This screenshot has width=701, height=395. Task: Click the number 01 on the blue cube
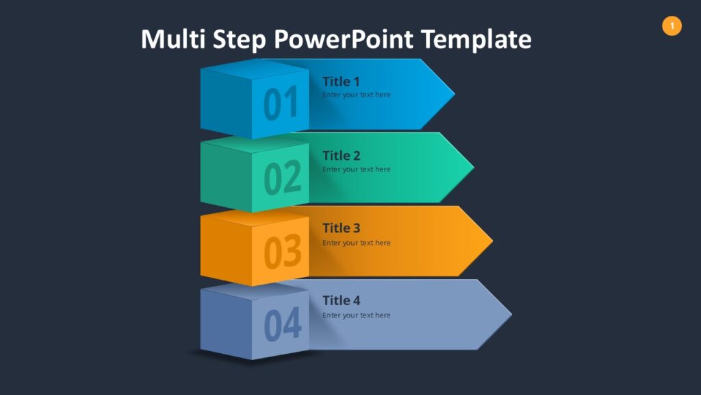click(x=281, y=104)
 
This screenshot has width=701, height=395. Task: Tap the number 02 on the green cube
click(x=282, y=178)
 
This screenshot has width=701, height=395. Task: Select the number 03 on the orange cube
click(x=282, y=251)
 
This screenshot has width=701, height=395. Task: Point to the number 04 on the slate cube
click(x=282, y=324)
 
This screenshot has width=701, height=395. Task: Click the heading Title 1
click(x=341, y=82)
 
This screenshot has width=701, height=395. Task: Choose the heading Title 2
click(x=341, y=156)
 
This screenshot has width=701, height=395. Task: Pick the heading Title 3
click(x=341, y=228)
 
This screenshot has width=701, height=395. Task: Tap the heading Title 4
click(x=341, y=300)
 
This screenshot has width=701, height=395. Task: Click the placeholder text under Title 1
click(x=356, y=95)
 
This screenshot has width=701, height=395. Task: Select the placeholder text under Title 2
click(x=356, y=169)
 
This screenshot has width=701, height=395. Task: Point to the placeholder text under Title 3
click(x=356, y=243)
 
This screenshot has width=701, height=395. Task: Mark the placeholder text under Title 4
click(x=356, y=315)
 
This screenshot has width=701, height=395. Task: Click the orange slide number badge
click(x=672, y=26)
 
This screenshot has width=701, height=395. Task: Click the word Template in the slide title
click(x=476, y=39)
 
